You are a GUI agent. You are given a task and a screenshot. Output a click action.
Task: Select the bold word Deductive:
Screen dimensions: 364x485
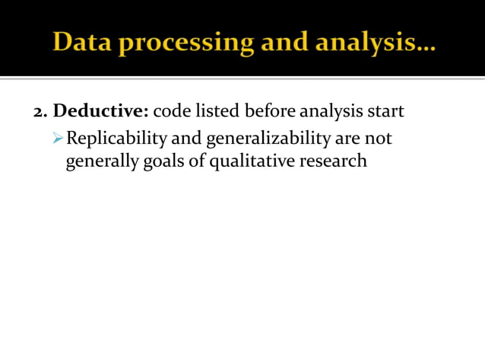(100, 112)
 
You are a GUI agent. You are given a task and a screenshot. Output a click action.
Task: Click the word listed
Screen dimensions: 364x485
(217, 112)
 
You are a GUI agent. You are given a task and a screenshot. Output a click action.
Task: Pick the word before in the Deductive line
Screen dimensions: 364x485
(270, 112)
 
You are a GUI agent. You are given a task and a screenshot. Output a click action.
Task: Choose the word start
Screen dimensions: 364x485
(386, 112)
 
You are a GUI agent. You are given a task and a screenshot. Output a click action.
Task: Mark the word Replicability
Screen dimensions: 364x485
(112, 139)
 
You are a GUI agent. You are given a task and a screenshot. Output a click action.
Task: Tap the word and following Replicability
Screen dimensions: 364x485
(182, 139)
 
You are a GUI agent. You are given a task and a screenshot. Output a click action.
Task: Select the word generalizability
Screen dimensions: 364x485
(263, 139)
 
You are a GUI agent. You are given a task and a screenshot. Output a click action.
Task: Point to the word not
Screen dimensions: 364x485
(377, 139)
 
